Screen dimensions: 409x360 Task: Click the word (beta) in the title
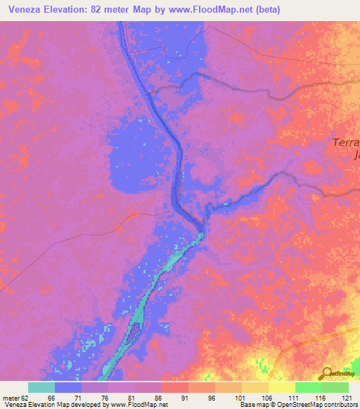(x=297, y=10)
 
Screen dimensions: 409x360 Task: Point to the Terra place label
(x=345, y=143)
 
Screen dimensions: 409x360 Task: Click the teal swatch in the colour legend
(x=41, y=387)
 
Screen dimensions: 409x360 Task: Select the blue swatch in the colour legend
(x=68, y=387)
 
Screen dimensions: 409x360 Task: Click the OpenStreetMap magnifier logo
(x=327, y=373)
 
